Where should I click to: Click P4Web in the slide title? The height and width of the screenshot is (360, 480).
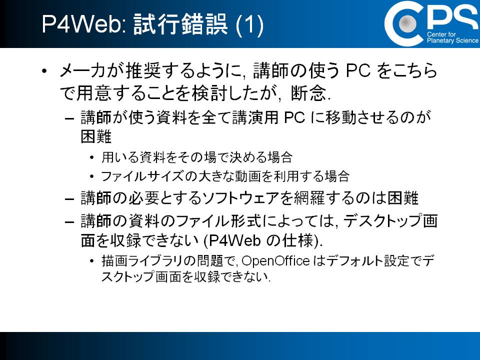click(82, 24)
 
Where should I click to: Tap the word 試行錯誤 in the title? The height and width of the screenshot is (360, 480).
click(181, 24)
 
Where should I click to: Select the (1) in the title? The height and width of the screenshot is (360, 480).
click(249, 24)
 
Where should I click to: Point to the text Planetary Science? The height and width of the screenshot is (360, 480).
click(453, 40)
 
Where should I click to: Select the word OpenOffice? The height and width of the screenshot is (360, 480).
click(275, 261)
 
